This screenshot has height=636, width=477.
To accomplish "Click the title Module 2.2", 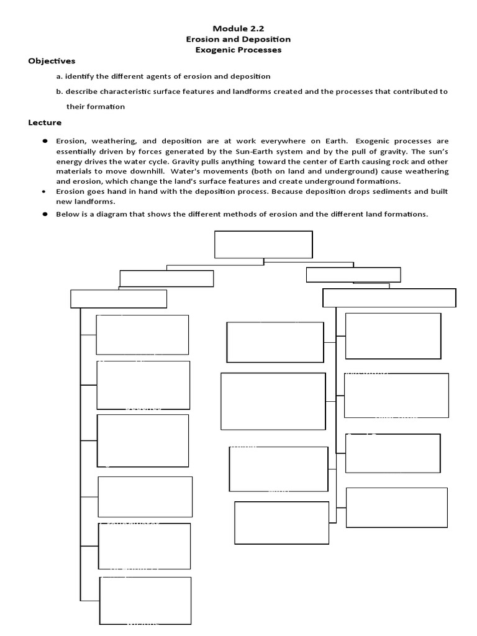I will coord(238,29).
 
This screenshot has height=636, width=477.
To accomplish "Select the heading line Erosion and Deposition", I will coord(238,39).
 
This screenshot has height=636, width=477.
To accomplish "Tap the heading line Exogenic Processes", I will coord(238,50).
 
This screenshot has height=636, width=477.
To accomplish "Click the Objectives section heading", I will coord(52,61).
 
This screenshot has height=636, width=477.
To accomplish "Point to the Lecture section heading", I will coord(45,122).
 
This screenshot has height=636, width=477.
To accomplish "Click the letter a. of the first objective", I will coord(59,76).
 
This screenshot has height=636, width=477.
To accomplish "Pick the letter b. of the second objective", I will coord(59,91).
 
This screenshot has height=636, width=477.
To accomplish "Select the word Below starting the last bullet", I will coord(68,214).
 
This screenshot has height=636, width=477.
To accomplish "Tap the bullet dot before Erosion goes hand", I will coord(44,191).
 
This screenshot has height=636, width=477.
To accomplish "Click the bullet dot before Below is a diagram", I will coord(45,214).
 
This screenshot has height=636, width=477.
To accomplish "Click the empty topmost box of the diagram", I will coord(263,244).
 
